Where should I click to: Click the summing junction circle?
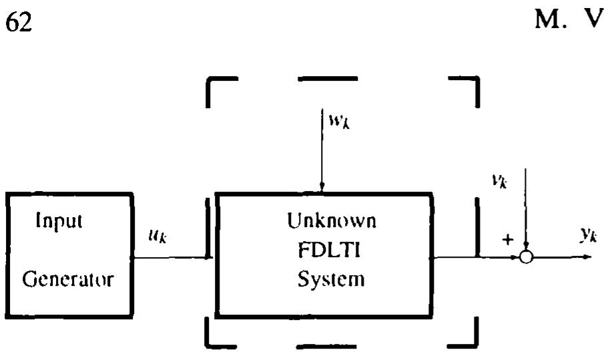coord(527,256)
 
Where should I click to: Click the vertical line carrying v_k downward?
coord(527,207)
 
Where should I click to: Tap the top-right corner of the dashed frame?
coord(476,81)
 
